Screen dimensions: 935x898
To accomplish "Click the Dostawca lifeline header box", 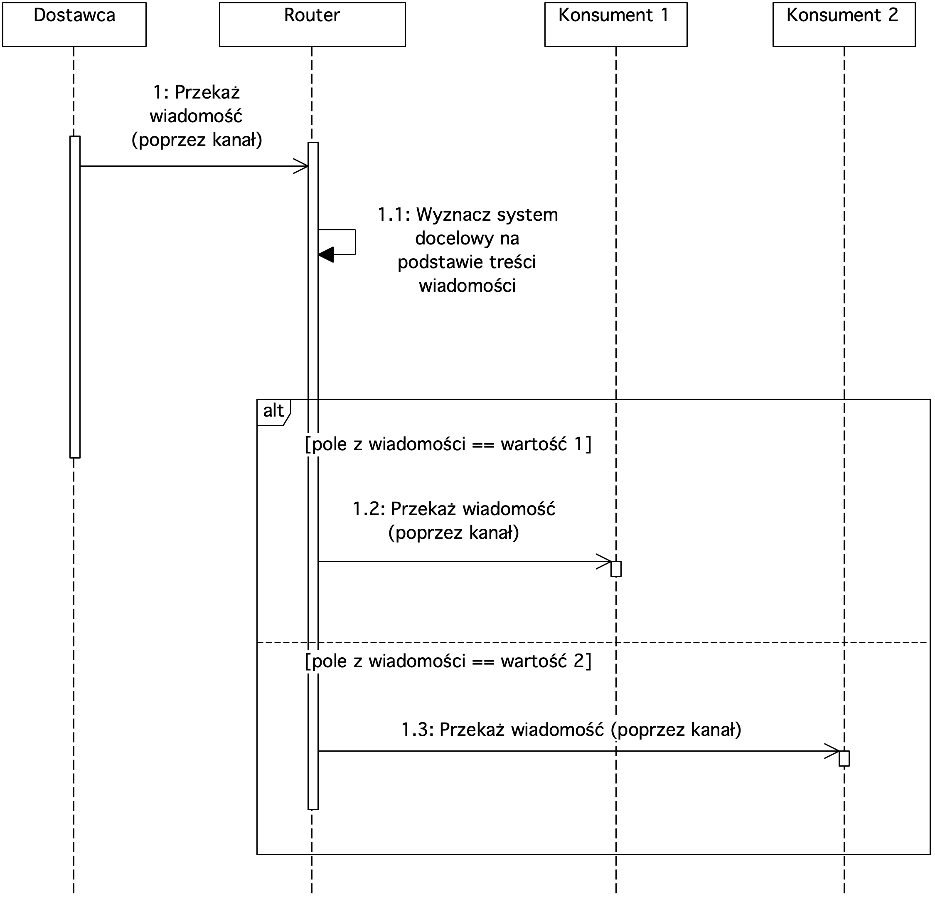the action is pyautogui.click(x=74, y=25).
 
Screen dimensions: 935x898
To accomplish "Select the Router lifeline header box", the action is pyautogui.click(x=312, y=25).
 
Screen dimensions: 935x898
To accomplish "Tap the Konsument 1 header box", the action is pyautogui.click(x=616, y=25).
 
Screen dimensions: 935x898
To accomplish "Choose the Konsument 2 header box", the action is pyautogui.click(x=844, y=25).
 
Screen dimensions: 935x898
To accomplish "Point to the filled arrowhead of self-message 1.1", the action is pyautogui.click(x=326, y=255).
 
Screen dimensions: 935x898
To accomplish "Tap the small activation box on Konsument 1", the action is pyautogui.click(x=616, y=569).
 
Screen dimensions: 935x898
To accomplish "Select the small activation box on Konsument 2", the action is pyautogui.click(x=844, y=758).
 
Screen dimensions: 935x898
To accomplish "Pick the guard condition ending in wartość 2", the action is pyautogui.click(x=448, y=661).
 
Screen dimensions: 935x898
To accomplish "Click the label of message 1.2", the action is pyautogui.click(x=454, y=521).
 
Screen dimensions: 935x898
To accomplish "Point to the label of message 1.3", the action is pyautogui.click(x=571, y=730).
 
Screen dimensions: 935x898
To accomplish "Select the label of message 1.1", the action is pyautogui.click(x=467, y=250).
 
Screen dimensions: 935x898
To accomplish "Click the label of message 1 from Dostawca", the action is pyautogui.click(x=197, y=116).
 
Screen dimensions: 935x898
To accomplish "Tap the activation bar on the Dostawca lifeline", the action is pyautogui.click(x=75, y=297).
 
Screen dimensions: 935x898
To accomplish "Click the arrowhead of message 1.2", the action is pyautogui.click(x=604, y=562).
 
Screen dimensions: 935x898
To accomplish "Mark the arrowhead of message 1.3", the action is pyautogui.click(x=832, y=751).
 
